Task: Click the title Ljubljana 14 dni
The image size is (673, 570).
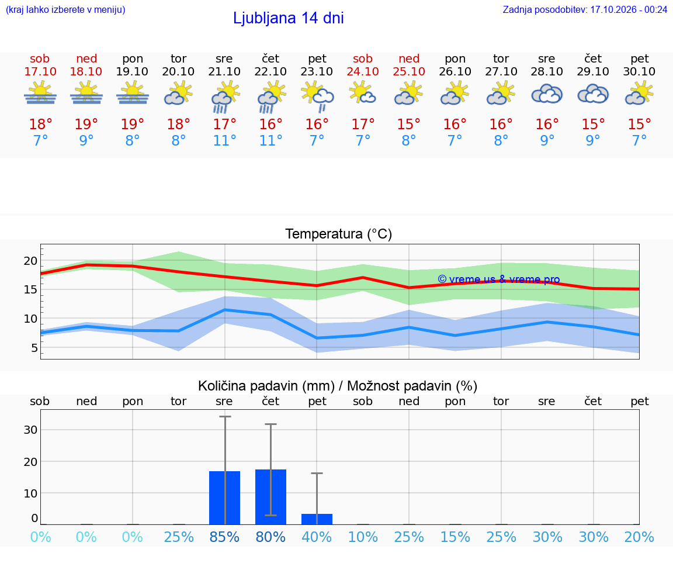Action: point(289,18)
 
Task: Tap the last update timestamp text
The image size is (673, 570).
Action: point(585,9)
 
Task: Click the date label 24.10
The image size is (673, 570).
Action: point(363,71)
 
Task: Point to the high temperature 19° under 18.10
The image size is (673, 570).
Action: point(86,124)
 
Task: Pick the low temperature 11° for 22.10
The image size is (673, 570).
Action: point(270,140)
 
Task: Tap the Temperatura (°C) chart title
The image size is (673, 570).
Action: point(339,234)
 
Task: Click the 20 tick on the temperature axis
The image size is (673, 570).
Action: point(30,261)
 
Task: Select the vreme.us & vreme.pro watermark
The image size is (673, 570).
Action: point(499,279)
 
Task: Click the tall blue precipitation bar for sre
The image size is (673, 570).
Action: point(224,498)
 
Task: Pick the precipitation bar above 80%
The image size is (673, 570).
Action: point(271,497)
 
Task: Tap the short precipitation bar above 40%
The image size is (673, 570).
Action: point(317,519)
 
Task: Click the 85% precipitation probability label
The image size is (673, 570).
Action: point(224,537)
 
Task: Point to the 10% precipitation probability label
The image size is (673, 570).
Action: point(363,537)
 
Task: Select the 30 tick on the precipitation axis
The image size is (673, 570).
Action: point(30,430)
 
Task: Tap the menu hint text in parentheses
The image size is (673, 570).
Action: point(65,9)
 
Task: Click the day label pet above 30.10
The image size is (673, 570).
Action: point(640,59)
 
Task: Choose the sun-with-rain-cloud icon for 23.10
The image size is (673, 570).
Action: point(317,97)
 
